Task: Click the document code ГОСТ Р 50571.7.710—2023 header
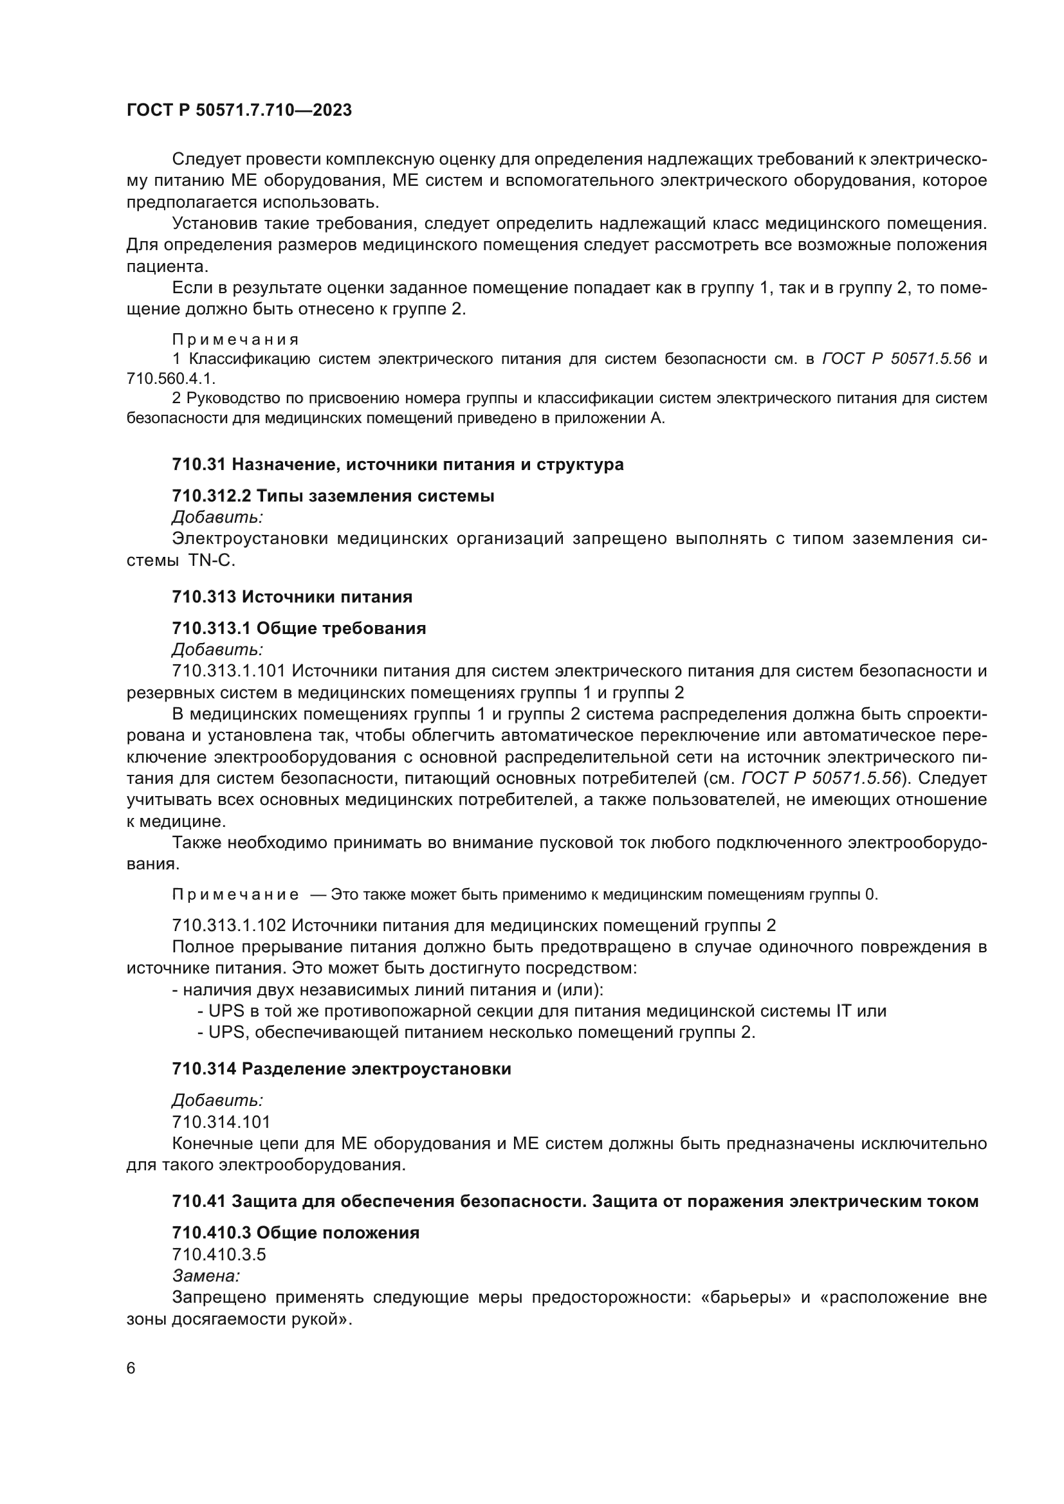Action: (239, 110)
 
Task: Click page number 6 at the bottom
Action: (131, 1368)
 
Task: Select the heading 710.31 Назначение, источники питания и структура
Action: (398, 464)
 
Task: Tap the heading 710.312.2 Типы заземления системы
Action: (333, 496)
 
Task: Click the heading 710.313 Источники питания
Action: (292, 597)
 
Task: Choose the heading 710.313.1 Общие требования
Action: (298, 628)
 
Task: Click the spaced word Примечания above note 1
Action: (235, 340)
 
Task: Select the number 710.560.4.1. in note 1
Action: (171, 379)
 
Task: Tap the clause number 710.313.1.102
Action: (228, 925)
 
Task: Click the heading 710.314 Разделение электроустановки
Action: (342, 1069)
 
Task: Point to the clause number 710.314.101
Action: (221, 1122)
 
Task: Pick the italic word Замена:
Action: (206, 1275)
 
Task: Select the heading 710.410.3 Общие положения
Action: (295, 1233)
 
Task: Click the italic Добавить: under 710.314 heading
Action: (217, 1100)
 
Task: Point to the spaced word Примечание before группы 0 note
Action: (235, 895)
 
